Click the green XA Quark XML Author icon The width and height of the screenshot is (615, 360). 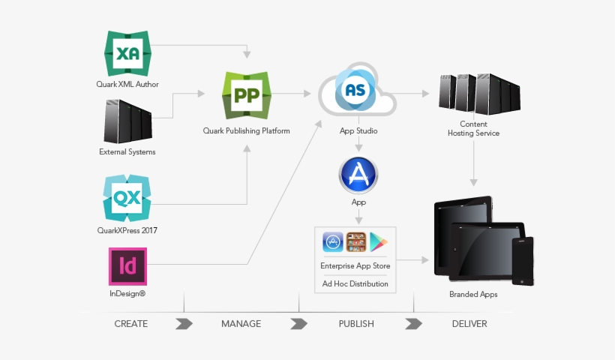pyautogui.click(x=127, y=52)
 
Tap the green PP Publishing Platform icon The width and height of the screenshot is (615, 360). pyautogui.click(x=247, y=95)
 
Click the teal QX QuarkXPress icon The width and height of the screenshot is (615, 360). pyautogui.click(x=127, y=199)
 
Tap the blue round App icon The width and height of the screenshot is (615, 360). pyautogui.click(x=358, y=176)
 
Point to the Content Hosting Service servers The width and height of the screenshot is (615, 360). pyautogui.click(x=473, y=94)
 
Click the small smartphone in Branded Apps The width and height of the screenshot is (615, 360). pyautogui.click(x=522, y=260)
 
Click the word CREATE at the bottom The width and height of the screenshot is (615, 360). pyautogui.click(x=131, y=324)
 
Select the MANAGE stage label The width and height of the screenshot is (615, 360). pyautogui.click(x=241, y=324)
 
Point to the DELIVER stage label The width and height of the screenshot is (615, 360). pyautogui.click(x=469, y=324)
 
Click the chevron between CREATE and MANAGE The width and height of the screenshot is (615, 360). pyautogui.click(x=184, y=324)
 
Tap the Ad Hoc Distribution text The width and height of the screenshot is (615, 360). pyautogui.click(x=355, y=283)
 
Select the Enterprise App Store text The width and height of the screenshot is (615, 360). pyautogui.click(x=355, y=265)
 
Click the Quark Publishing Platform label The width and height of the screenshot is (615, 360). pyautogui.click(x=246, y=130)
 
